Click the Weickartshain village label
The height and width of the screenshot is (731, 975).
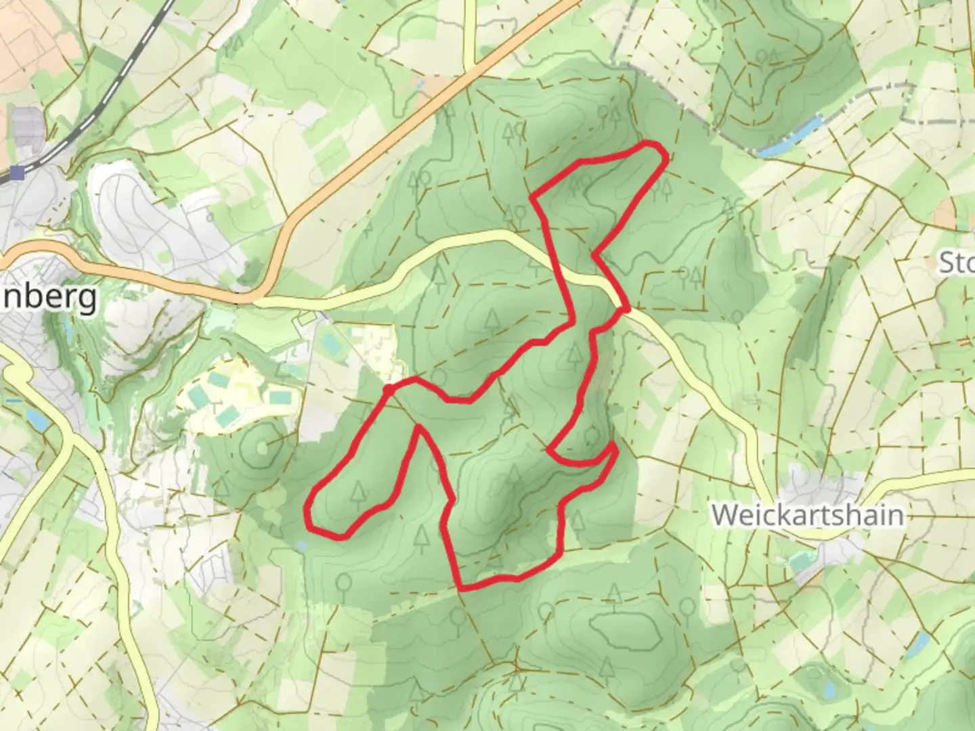(x=807, y=515)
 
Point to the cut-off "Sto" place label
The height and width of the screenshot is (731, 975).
(x=956, y=262)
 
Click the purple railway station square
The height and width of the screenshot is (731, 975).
(x=17, y=174)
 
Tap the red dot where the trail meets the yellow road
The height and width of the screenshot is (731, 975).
(x=624, y=309)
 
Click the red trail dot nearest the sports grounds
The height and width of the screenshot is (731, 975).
(x=389, y=390)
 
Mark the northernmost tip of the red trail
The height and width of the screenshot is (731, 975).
(x=651, y=143)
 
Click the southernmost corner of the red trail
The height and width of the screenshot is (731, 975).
(x=462, y=588)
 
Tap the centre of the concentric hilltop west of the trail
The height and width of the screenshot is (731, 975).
(x=261, y=447)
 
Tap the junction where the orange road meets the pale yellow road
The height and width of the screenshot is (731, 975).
(x=256, y=298)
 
